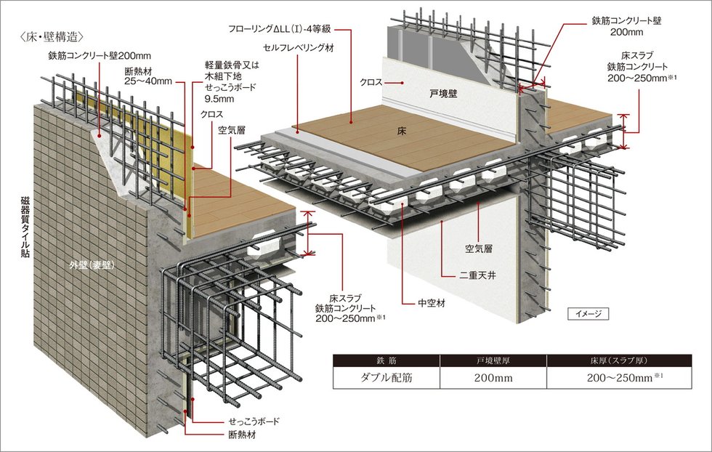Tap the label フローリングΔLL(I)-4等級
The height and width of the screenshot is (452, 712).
tap(279, 30)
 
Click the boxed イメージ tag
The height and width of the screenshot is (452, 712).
tap(587, 314)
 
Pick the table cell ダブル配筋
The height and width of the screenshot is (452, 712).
tap(389, 379)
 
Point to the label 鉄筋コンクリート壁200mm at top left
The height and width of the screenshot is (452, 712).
tap(99, 55)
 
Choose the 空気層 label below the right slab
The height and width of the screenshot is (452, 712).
tap(479, 249)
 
